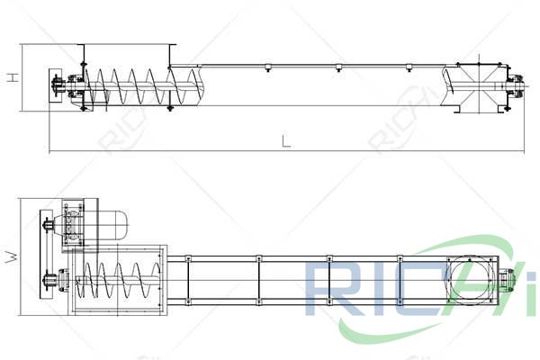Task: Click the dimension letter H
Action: click(12, 77)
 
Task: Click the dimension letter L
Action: click(285, 140)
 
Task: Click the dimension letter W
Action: click(12, 256)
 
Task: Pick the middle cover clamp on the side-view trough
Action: click(337, 67)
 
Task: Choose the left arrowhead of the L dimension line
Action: click(51, 150)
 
